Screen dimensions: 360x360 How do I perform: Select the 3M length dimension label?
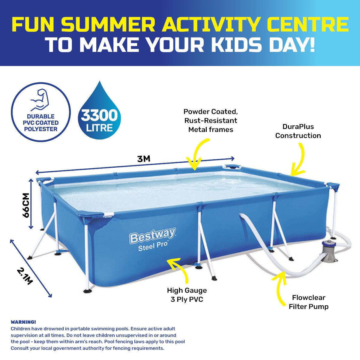144,159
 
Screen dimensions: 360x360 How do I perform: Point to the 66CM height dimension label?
26,205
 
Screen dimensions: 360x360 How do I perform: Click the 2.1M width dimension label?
25,276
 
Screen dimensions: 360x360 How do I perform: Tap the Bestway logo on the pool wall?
153,236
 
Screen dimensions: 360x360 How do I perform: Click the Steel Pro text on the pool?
153,246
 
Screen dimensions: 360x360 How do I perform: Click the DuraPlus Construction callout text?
298,131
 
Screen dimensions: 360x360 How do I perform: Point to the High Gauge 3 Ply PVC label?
187,295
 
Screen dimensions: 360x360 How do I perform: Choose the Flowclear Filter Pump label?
309,302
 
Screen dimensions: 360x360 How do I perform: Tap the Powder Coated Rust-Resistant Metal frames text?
211,121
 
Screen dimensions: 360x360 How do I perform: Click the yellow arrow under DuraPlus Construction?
299,160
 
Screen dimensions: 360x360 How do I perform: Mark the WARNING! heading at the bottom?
23,322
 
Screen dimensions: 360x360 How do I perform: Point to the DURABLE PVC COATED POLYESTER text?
40,123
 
